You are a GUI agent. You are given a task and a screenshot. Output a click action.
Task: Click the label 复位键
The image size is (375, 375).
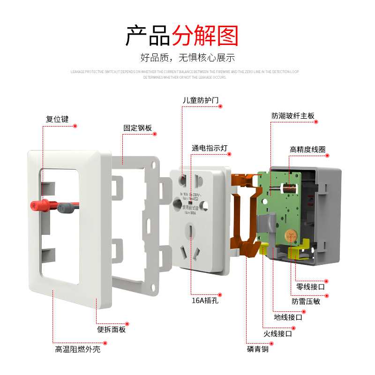click(57, 119)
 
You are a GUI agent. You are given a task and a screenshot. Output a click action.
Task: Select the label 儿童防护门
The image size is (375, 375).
click(201, 100)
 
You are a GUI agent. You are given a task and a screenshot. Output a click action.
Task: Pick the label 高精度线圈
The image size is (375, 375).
click(307, 150)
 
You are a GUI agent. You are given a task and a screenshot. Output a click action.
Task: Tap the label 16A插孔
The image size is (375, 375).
click(205, 300)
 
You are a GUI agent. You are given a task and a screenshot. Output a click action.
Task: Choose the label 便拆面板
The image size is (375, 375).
click(111, 330)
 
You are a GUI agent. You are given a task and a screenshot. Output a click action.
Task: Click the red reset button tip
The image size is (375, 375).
click(34, 205)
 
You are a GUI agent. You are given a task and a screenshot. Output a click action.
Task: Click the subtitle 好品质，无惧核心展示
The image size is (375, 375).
click(187, 58)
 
